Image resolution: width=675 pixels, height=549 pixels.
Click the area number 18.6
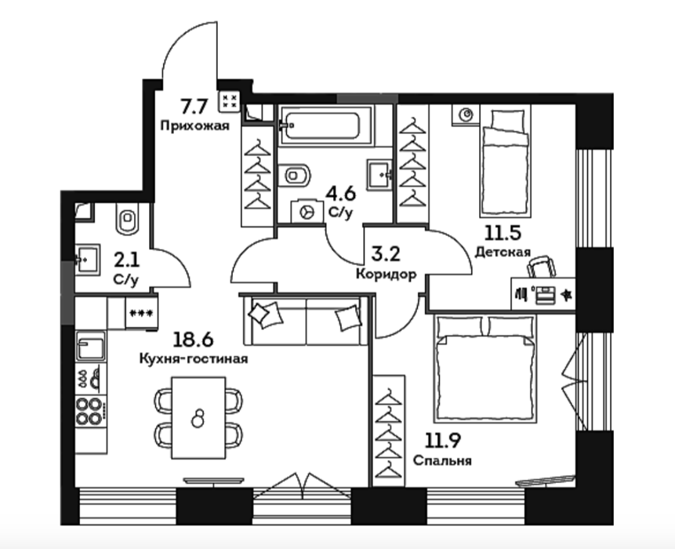point(193,340)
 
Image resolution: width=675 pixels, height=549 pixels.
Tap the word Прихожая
point(194,125)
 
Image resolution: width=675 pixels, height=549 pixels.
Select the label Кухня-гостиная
point(194,358)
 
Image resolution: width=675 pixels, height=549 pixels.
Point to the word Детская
point(503,252)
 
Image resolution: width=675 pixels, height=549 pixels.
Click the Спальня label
point(442,460)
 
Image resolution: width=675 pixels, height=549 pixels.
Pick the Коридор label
point(386,274)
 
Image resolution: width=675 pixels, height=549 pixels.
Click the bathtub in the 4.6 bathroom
point(325,125)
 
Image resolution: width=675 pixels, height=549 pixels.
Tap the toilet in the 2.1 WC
point(128,218)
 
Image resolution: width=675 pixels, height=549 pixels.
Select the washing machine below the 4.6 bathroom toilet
point(307,212)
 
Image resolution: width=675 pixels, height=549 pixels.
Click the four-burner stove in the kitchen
point(89,410)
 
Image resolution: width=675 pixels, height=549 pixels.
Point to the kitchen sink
point(90,346)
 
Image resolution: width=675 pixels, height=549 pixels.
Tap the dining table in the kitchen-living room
point(198,418)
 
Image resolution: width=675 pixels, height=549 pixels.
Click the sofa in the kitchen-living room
point(306,319)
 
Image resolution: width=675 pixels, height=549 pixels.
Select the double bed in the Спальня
point(486,368)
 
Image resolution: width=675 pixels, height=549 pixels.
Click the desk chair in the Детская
point(542,267)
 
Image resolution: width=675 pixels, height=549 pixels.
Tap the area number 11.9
point(443,440)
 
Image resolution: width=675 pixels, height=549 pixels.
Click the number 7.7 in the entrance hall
point(194,107)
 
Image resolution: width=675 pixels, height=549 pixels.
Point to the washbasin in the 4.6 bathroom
point(379,174)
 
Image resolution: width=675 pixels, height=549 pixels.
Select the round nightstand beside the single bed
point(466,115)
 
